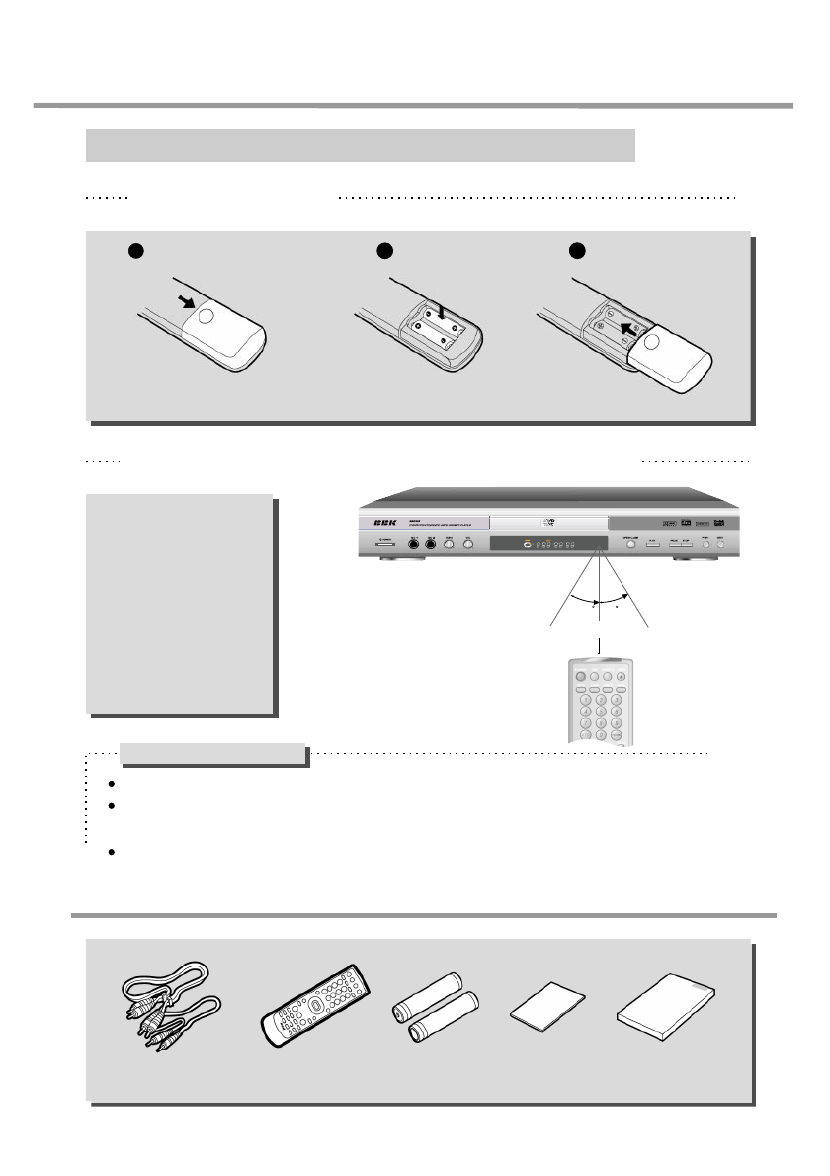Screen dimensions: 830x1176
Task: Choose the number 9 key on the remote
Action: click(617, 722)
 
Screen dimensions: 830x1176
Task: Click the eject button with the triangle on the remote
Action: click(621, 676)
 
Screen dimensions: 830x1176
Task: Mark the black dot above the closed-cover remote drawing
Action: click(135, 250)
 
